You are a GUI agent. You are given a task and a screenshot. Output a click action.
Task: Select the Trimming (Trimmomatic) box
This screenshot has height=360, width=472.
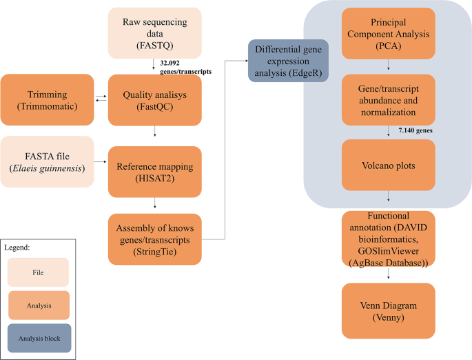point(48,98)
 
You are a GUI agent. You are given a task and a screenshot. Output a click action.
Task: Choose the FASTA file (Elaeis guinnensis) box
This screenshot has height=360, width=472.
point(48,162)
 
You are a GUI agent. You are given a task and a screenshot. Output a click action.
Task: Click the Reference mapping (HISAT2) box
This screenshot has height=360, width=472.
point(155,170)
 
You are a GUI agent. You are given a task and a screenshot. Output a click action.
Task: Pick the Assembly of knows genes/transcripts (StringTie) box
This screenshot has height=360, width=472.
point(155,239)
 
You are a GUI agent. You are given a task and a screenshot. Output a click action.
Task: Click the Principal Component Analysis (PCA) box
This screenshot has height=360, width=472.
point(389,32)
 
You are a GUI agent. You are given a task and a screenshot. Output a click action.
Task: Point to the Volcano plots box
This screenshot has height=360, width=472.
point(389,165)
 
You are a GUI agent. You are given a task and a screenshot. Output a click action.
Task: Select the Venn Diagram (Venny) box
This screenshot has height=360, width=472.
point(389,311)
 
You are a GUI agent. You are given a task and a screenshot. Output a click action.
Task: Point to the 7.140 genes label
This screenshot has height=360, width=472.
point(419,130)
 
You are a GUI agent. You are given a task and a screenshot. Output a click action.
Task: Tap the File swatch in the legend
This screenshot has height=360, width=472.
point(39,272)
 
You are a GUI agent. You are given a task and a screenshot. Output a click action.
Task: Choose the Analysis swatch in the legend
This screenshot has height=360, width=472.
point(39,305)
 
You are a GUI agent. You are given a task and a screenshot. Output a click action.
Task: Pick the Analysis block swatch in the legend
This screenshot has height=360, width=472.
point(39,338)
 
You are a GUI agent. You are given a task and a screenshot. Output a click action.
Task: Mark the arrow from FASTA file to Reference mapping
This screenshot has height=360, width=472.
point(101,163)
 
